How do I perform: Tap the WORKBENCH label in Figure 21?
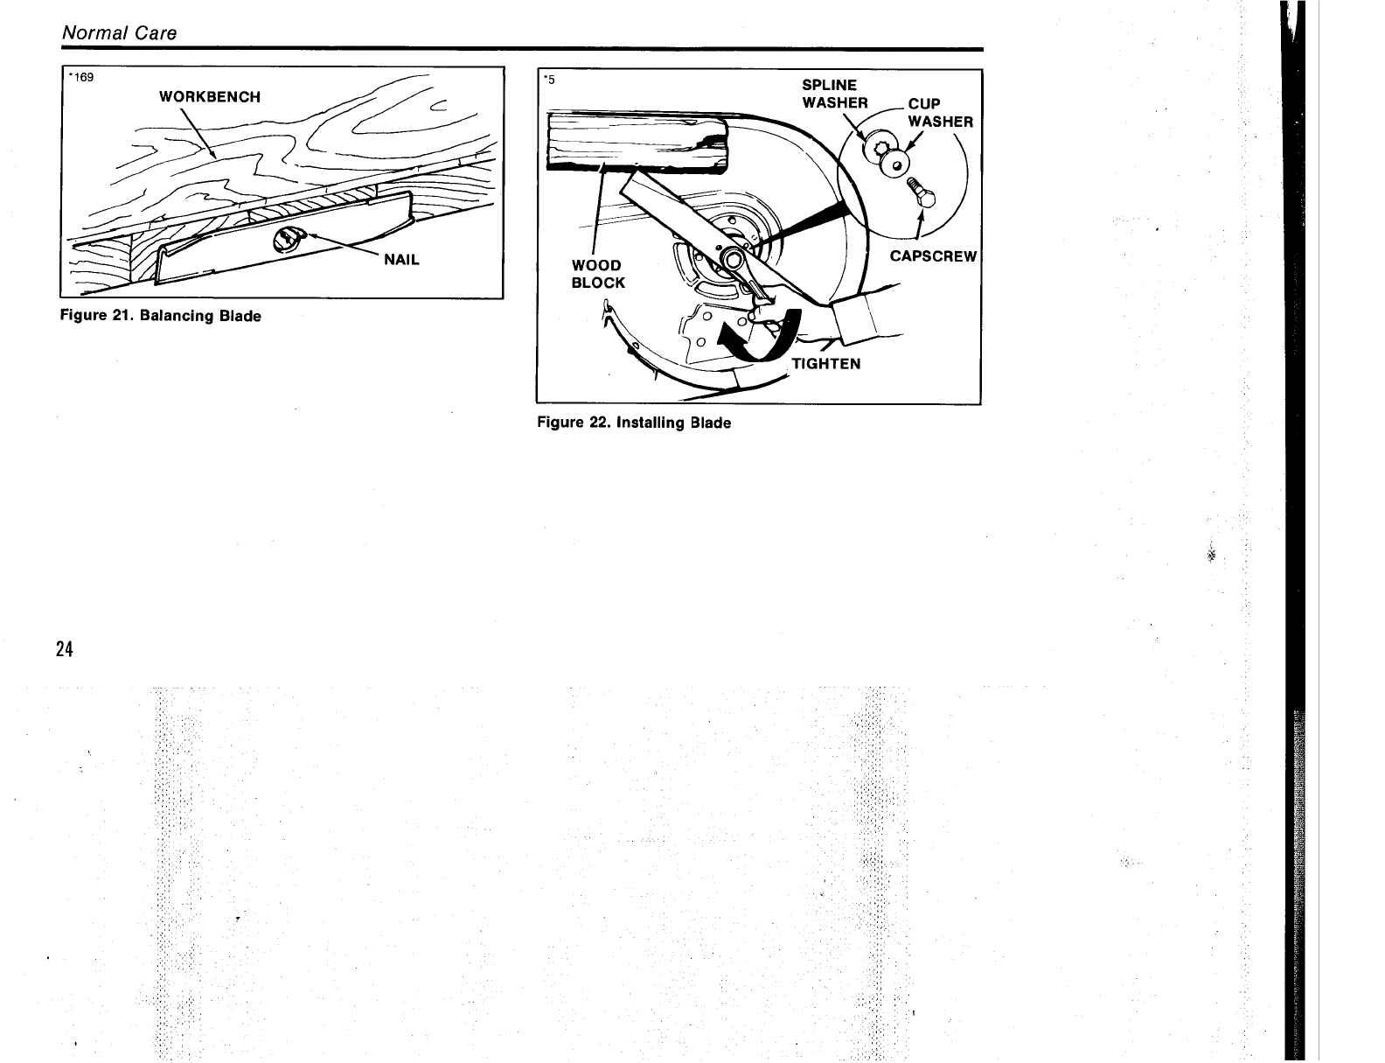209,96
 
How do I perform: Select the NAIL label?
402,260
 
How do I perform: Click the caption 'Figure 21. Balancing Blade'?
160,316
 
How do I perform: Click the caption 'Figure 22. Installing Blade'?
634,423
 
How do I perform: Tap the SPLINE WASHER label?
835,94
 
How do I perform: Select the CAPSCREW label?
933,256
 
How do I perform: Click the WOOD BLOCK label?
598,274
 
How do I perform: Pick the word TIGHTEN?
826,364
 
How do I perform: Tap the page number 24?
63,649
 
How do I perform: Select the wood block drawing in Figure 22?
636,140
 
